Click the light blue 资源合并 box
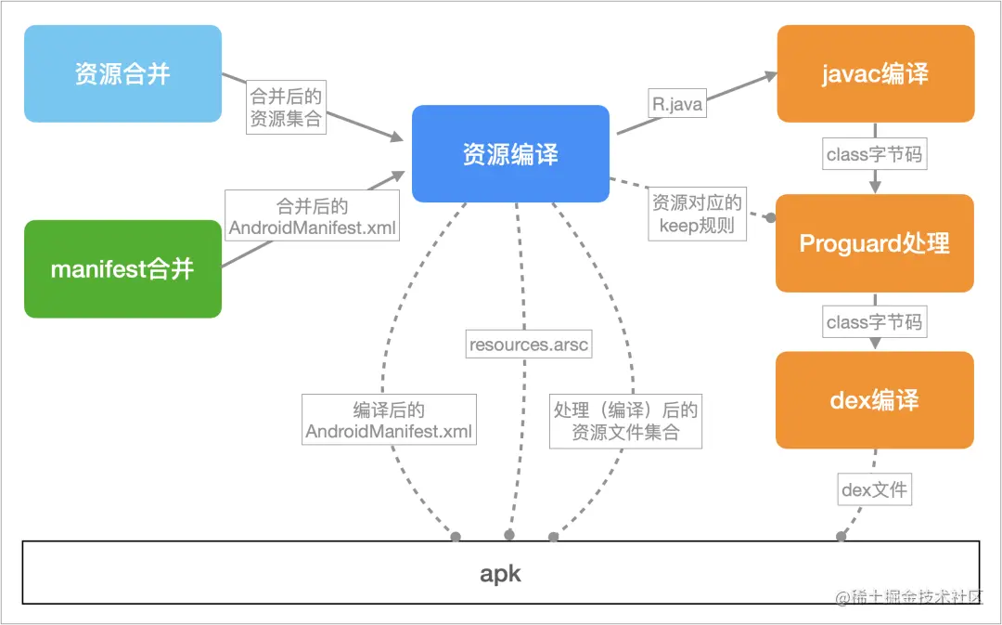tap(122, 73)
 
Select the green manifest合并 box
tap(122, 268)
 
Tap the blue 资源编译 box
tap(510, 153)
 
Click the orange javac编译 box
tap(876, 73)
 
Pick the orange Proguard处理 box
tap(875, 243)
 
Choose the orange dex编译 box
tap(875, 400)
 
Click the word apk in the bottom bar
tap(500, 574)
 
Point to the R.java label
tap(677, 103)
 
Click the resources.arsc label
tap(529, 345)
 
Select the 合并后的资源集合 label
tap(287, 107)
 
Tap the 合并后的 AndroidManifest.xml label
tap(312, 216)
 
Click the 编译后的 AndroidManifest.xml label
tap(389, 420)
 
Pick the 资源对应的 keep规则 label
tap(697, 214)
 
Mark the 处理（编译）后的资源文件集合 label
tap(625, 421)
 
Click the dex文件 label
tap(874, 490)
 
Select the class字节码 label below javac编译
tap(874, 154)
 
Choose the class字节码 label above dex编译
tap(874, 321)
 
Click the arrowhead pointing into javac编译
tap(769, 77)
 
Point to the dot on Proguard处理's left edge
tap(771, 218)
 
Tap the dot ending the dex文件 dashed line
tap(841, 536)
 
